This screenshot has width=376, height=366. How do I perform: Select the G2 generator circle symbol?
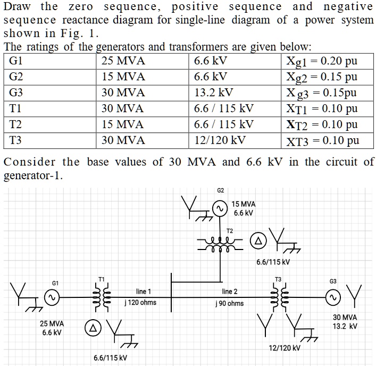219,209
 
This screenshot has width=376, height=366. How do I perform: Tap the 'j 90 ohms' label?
229,303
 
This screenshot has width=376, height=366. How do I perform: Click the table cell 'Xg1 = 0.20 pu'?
322,61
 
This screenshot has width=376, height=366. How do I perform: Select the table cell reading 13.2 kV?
214,93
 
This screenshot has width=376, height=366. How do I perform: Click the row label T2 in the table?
16,124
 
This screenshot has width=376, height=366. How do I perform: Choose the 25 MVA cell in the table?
123,61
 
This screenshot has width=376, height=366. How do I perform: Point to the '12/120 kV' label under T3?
284,348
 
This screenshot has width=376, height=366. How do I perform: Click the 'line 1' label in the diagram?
144,292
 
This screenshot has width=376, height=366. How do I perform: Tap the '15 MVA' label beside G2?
244,204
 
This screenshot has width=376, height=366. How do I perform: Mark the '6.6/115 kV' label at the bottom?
110,357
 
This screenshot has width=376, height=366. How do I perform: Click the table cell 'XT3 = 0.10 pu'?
322,141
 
